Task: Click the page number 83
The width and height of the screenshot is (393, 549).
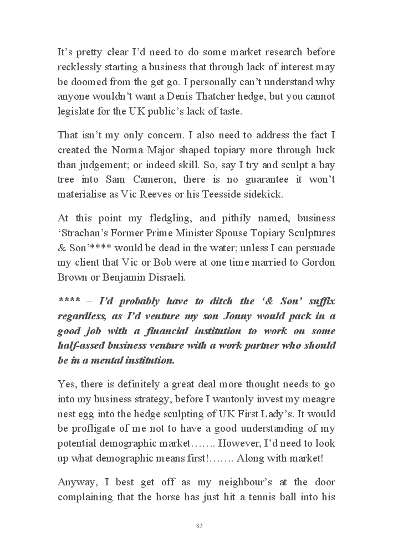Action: pyautogui.click(x=199, y=525)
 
